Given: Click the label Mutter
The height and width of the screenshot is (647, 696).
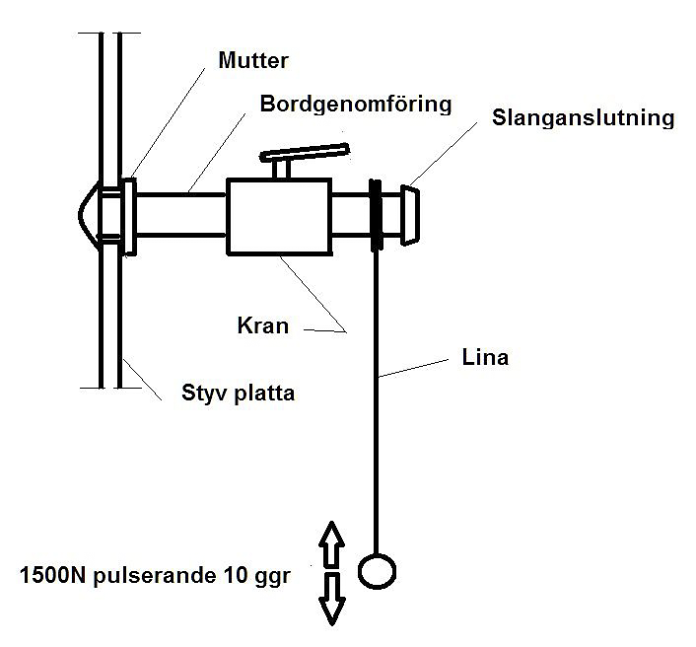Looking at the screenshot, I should pyautogui.click(x=252, y=61).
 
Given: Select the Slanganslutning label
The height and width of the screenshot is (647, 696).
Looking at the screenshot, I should pyautogui.click(x=583, y=118).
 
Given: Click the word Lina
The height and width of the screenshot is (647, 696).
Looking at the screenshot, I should pyautogui.click(x=484, y=357).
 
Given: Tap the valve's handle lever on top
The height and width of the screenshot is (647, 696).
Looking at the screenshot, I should pyautogui.click(x=305, y=155).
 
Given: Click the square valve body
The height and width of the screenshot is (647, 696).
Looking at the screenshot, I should pyautogui.click(x=279, y=216).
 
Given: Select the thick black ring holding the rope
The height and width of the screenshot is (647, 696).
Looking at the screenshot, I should pyautogui.click(x=376, y=214).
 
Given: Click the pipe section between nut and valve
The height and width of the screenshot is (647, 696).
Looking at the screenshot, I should pyautogui.click(x=181, y=214).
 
